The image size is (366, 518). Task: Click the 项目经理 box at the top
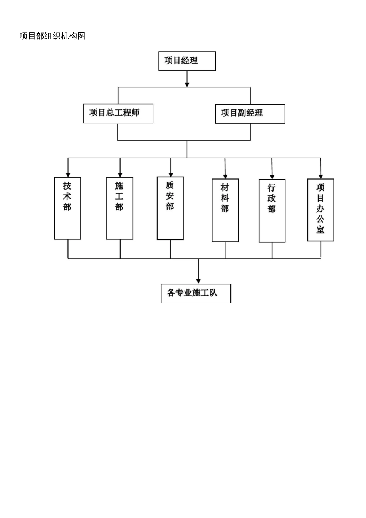click(x=187, y=61)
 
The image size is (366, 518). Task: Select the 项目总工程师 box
click(x=118, y=113)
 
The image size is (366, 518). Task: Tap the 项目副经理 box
click(x=250, y=114)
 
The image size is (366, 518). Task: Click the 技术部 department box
click(x=67, y=208)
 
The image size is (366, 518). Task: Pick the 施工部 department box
click(x=120, y=208)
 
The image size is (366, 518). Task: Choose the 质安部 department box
click(x=170, y=208)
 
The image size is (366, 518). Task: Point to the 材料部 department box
click(x=225, y=210)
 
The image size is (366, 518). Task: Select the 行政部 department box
click(x=272, y=211)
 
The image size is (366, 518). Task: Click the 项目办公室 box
click(x=321, y=210)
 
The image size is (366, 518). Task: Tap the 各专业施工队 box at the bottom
click(x=196, y=293)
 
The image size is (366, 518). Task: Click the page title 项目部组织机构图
click(x=52, y=36)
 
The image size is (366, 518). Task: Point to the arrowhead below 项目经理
click(x=187, y=84)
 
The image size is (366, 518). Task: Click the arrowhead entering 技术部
click(x=68, y=174)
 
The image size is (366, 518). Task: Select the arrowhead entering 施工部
click(x=120, y=174)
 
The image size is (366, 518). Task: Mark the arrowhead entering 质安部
click(x=171, y=174)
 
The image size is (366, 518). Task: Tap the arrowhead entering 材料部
click(x=225, y=176)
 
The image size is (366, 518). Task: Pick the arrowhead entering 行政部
click(x=272, y=176)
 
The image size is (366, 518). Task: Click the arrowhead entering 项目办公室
click(x=321, y=176)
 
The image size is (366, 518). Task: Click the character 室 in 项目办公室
click(x=321, y=230)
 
